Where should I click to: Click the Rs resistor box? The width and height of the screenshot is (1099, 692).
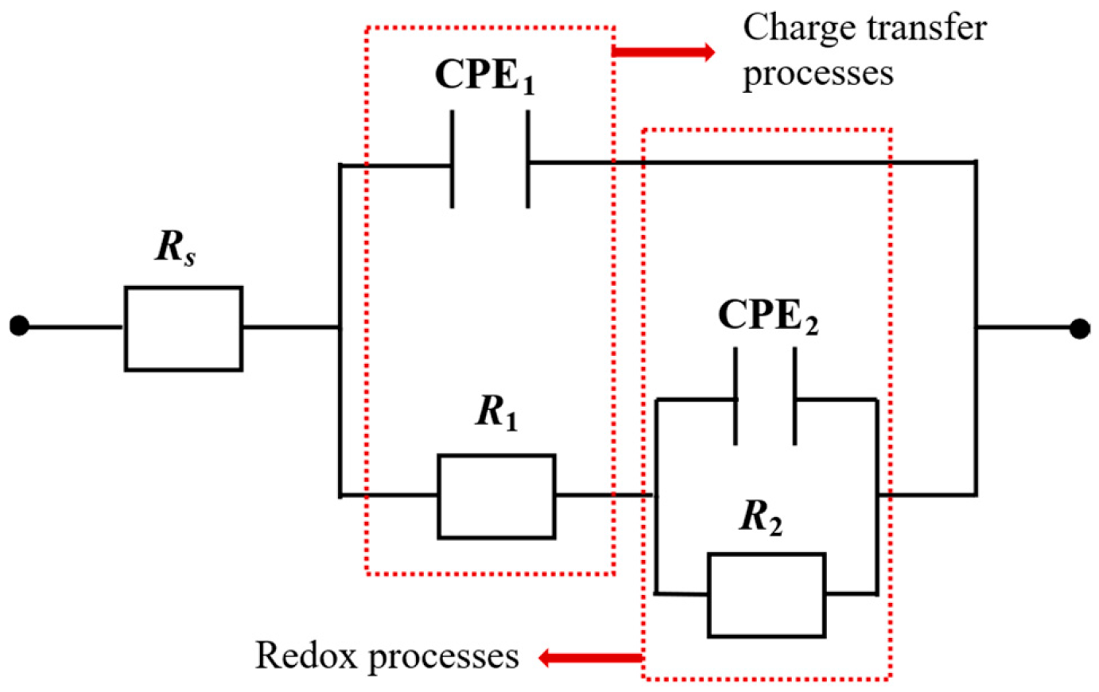[184, 328]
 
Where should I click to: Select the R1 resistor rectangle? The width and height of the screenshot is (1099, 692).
[496, 496]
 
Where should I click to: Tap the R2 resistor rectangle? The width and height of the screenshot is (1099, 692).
[766, 594]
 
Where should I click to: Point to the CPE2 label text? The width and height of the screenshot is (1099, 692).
[767, 315]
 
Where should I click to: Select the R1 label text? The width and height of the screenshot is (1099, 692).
[497, 412]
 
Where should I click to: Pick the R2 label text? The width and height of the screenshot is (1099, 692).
[761, 517]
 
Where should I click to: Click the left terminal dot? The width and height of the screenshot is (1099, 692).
[19, 326]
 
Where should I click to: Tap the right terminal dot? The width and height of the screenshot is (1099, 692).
[1079, 328]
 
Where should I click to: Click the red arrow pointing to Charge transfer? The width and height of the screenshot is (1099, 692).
[664, 52]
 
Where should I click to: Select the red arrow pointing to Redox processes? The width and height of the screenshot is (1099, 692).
[590, 658]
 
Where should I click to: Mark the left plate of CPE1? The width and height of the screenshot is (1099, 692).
[452, 159]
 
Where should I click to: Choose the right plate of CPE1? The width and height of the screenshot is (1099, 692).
[528, 159]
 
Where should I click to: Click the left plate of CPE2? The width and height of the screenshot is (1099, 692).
[736, 396]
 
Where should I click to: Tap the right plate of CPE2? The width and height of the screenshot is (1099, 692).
[794, 396]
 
